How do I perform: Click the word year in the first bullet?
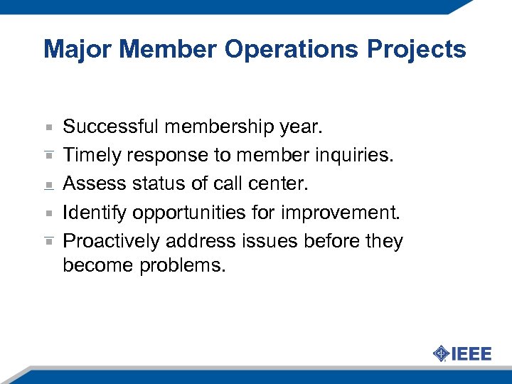point(302,127)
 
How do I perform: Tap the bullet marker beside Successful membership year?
point(48,127)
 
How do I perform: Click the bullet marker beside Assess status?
point(48,184)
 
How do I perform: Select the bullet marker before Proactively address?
point(48,241)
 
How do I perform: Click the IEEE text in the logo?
point(471,353)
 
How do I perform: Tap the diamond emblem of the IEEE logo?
point(441,353)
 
